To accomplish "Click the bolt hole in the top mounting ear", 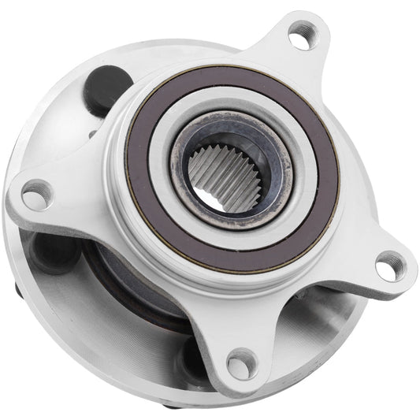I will coord(300,35).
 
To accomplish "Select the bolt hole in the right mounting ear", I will coord(386,266).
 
